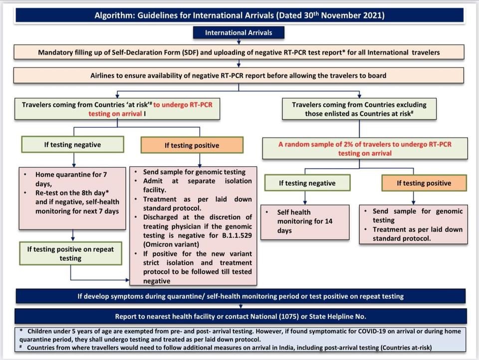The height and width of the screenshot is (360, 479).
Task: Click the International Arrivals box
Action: (239, 33)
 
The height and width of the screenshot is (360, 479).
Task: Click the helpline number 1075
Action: (288, 317)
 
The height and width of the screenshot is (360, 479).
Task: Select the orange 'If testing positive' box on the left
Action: (192, 146)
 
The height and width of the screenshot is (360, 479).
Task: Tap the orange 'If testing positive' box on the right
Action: (424, 183)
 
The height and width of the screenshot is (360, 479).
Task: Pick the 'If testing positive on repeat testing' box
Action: (70, 254)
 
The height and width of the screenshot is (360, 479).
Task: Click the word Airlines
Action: (105, 76)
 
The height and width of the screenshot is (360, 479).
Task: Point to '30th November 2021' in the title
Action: (344, 15)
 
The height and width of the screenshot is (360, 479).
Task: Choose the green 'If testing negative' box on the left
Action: (72, 145)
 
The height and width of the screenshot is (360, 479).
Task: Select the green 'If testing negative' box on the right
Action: (308, 183)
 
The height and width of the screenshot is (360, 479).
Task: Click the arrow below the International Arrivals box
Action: (239, 41)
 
